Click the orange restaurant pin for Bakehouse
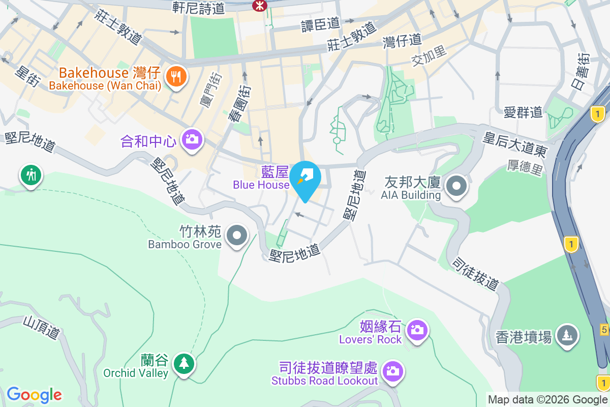pos(176,77)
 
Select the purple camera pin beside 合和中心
pos(192,138)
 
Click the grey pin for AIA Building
pos(456,186)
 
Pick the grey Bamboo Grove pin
pos(236,236)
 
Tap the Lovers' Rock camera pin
pos(417,330)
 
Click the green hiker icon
pos(31,175)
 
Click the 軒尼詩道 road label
pos(198,8)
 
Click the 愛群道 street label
pos(523,112)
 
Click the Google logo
pos(34,395)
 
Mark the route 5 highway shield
pos(604,330)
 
